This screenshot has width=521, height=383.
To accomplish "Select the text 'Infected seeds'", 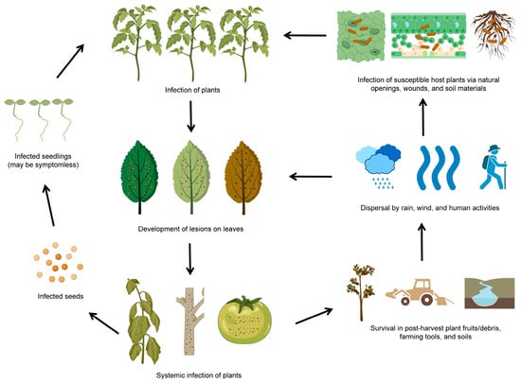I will click(x=43, y=296).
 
